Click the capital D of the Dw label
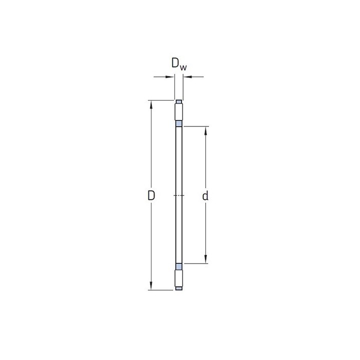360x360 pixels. coord(175,63)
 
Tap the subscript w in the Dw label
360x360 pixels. coord(183,67)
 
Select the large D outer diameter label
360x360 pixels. coord(151,195)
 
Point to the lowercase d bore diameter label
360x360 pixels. coord(205,196)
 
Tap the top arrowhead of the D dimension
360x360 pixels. coord(151,104)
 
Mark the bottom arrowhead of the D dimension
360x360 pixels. coord(151,285)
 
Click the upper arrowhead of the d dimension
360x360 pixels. coord(205,130)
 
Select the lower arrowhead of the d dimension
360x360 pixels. coord(205,259)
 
